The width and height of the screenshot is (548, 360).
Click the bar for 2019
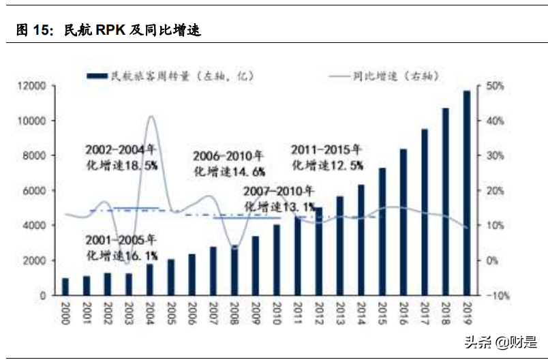[x=467, y=194]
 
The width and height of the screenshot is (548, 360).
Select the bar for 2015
[x=382, y=232]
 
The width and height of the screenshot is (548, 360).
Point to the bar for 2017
[x=425, y=212]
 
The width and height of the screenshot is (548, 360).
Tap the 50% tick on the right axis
[x=495, y=86]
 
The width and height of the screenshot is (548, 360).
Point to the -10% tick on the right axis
[x=495, y=296]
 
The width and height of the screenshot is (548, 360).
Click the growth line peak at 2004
[x=151, y=117]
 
